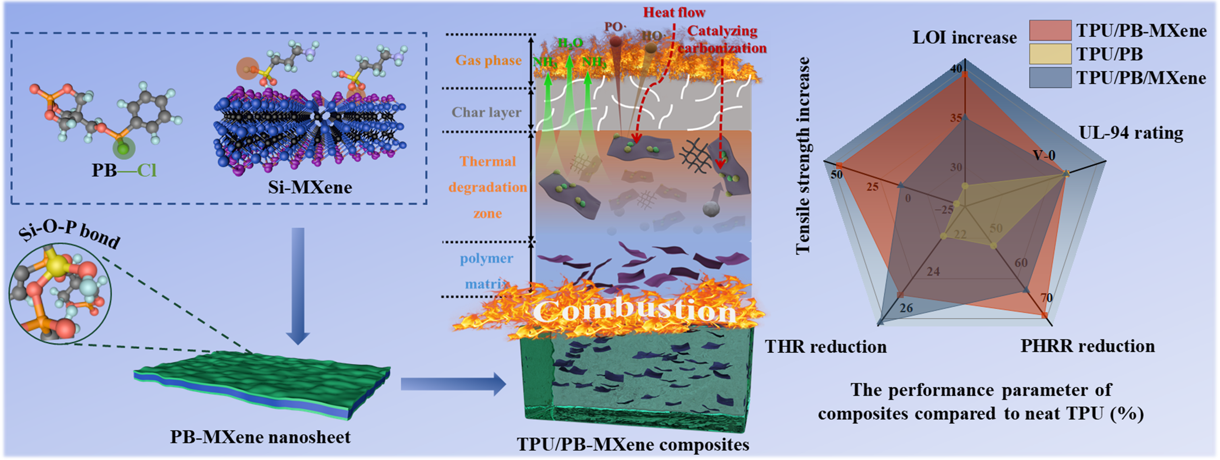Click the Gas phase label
[488, 60]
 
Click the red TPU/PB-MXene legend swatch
[1050, 30]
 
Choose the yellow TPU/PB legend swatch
[1050, 54]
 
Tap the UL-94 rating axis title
[1130, 133]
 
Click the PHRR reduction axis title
[1088, 346]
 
